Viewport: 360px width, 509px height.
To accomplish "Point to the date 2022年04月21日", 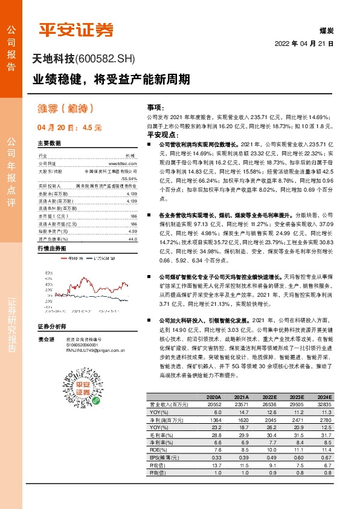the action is click(304, 44).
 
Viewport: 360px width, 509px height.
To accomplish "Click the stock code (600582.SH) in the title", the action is click(106, 59).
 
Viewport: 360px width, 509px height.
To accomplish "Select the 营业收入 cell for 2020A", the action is click(207, 404).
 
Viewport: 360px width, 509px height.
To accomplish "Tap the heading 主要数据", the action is click(50, 144).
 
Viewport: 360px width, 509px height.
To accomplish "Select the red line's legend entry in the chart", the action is click(62, 258).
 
